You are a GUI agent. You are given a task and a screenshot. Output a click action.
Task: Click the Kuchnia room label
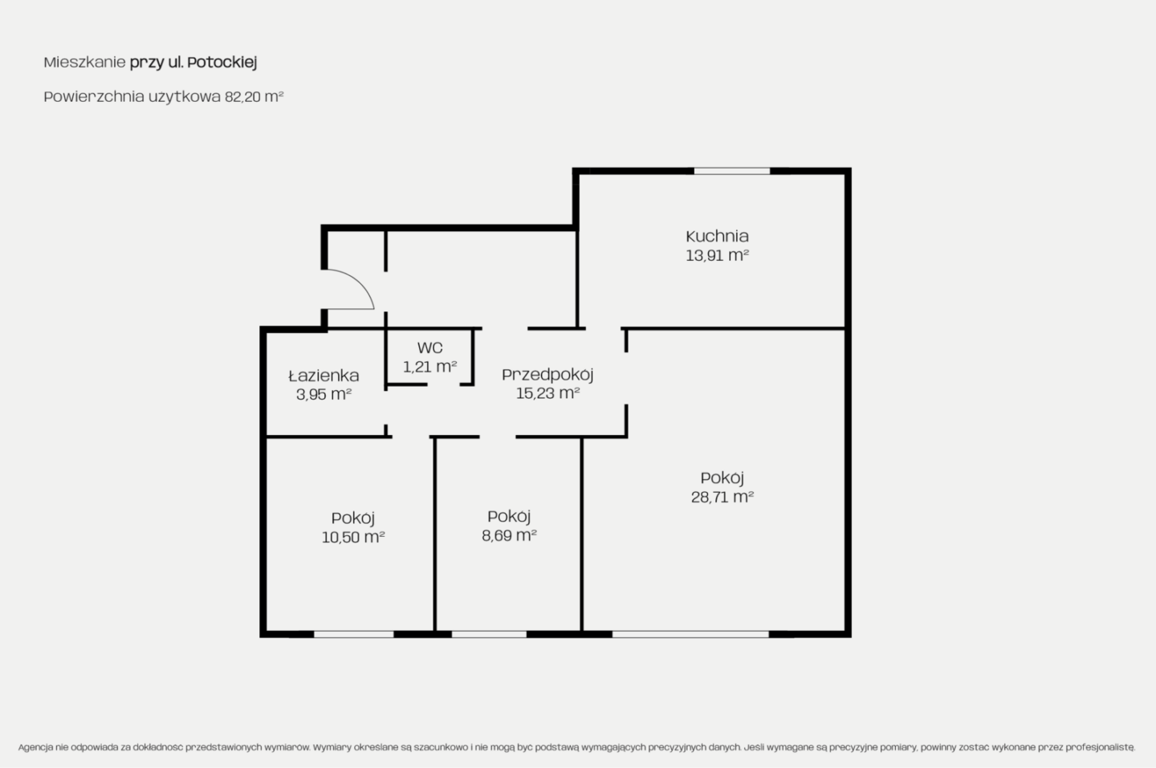[x=717, y=236]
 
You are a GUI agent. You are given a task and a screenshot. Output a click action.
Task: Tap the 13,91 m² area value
[x=717, y=255]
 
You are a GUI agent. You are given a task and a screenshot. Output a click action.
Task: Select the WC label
[x=430, y=347]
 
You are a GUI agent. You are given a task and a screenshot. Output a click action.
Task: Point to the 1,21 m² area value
[x=430, y=367]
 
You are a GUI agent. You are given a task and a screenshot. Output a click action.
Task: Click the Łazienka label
[x=324, y=376]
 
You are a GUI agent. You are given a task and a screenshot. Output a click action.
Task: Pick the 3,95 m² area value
[x=324, y=395]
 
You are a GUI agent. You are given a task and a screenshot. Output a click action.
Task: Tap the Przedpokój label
[x=547, y=375]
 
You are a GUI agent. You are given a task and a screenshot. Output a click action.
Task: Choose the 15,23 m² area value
[x=547, y=393]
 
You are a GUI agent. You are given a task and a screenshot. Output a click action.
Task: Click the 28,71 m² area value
[x=722, y=497]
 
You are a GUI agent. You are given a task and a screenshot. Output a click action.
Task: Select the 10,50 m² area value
[x=353, y=537]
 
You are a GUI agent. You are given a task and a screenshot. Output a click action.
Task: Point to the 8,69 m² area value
[x=509, y=535]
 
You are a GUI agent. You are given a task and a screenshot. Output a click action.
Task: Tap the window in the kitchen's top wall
[x=732, y=171]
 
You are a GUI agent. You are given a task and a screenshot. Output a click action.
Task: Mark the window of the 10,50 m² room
[x=354, y=634]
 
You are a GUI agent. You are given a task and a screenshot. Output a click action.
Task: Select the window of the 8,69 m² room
[x=489, y=634]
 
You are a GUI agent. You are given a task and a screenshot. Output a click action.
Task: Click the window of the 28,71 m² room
[x=690, y=634]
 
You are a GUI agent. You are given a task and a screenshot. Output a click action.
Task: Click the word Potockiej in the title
[x=222, y=63]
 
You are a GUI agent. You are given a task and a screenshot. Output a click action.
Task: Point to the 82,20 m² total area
[x=254, y=96]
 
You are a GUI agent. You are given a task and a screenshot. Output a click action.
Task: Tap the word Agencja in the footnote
[x=35, y=747]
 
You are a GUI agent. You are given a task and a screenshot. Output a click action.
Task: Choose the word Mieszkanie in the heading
[x=84, y=63]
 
